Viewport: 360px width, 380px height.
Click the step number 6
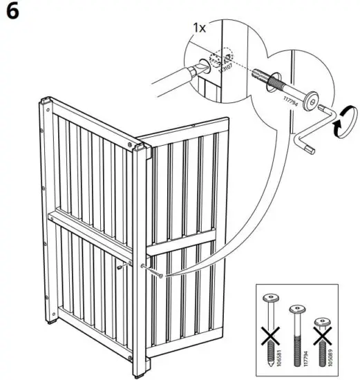tap(12, 13)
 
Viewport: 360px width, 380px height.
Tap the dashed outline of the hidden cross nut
tap(226, 55)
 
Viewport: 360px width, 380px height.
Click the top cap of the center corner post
tap(142, 147)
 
